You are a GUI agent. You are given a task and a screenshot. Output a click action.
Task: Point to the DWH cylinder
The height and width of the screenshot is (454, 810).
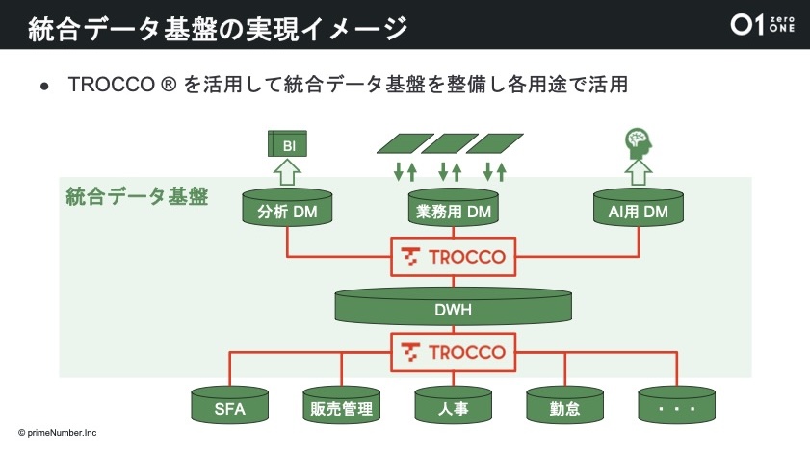(454, 307)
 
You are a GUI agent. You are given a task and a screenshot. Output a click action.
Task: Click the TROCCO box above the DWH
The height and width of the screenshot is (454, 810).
(454, 257)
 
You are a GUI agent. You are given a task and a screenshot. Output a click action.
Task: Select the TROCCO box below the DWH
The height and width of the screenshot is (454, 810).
(454, 351)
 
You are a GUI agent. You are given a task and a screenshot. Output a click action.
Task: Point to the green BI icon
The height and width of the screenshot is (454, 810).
(286, 145)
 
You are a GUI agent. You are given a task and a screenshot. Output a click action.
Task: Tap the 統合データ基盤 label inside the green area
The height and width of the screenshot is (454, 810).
(137, 196)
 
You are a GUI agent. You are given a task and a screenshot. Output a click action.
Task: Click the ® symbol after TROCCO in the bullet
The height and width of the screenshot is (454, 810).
(169, 85)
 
